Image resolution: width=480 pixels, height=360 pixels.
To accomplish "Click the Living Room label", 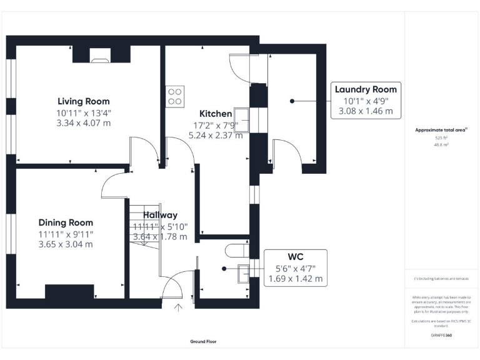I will pyautogui.click(x=83, y=101).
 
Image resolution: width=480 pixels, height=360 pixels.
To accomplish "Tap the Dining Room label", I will pyautogui.click(x=66, y=222).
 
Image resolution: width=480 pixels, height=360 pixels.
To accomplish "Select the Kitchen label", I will pyautogui.click(x=216, y=114).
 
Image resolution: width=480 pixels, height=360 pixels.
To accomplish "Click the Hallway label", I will pyautogui.click(x=159, y=215).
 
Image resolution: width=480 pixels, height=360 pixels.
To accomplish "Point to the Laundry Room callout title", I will pyautogui.click(x=366, y=89).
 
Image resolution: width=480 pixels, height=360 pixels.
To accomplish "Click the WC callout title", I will pyautogui.click(x=296, y=257).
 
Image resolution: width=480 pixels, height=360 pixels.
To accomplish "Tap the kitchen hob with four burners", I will pyautogui.click(x=174, y=96).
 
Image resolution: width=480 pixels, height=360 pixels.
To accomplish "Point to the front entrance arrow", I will pyautogui.click(x=179, y=307).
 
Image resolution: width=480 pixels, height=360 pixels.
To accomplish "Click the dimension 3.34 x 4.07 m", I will pyautogui.click(x=83, y=123).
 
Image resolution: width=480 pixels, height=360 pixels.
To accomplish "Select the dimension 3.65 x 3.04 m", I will pyautogui.click(x=66, y=244).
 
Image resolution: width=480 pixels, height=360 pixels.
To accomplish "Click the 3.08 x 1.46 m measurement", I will pyautogui.click(x=366, y=111).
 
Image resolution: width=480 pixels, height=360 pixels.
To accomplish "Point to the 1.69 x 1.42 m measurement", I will pyautogui.click(x=296, y=279).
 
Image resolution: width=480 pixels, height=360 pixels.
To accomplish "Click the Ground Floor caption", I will pyautogui.click(x=204, y=342).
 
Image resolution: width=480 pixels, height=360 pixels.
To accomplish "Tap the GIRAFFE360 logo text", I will pyautogui.click(x=441, y=336).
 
